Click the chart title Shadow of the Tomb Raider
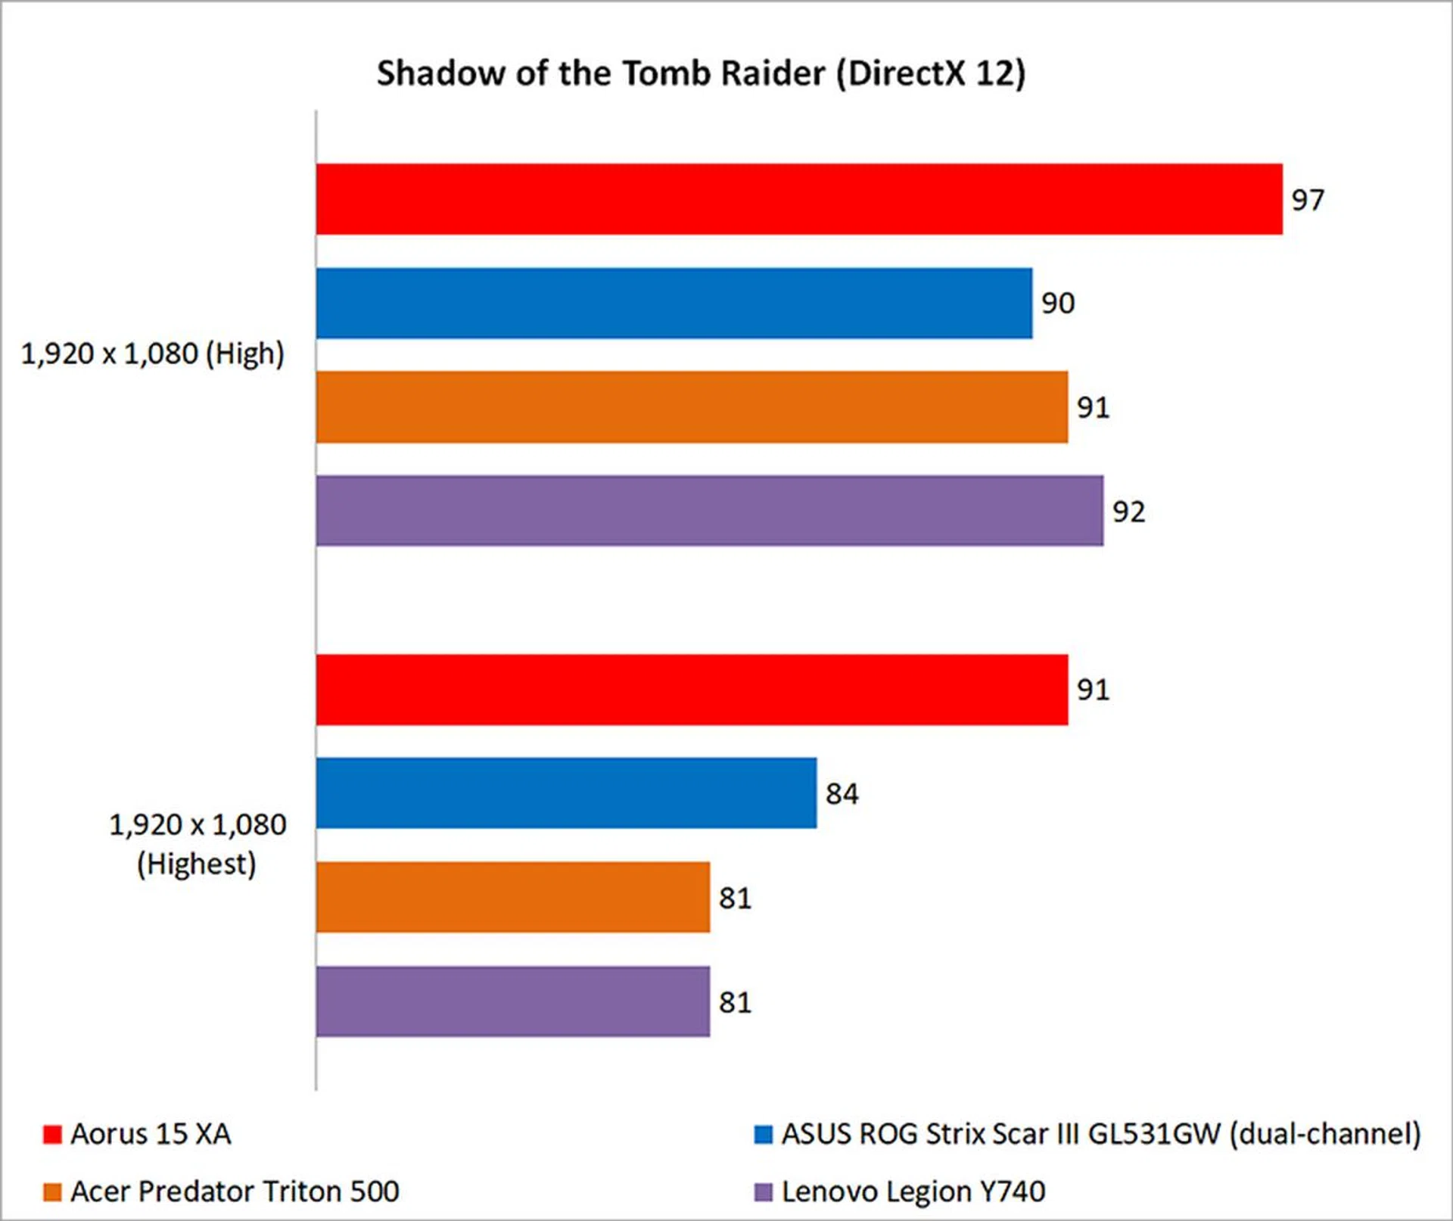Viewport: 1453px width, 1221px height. [701, 74]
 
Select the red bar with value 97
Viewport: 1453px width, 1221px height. [798, 199]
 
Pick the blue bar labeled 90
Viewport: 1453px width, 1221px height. [674, 303]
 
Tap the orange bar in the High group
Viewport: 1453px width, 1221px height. [692, 407]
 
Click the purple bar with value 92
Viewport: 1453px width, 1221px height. [709, 511]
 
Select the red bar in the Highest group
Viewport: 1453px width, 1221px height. [692, 690]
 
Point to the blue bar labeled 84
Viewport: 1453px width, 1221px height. [566, 793]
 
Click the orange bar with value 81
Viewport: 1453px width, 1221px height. [512, 898]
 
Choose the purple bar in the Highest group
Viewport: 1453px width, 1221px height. [512, 1001]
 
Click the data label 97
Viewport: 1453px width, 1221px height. [1308, 200]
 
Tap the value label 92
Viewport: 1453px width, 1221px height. [1128, 512]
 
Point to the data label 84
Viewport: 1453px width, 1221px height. [842, 794]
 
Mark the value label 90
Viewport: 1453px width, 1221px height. [1057, 304]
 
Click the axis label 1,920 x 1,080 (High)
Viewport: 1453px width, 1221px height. [152, 354]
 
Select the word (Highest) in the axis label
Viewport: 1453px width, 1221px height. [196, 864]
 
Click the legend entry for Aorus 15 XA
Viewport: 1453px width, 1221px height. [151, 1134]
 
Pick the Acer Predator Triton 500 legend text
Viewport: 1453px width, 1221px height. [235, 1191]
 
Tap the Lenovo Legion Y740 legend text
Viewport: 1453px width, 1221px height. [913, 1191]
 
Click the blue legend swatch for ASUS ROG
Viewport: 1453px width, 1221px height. [764, 1135]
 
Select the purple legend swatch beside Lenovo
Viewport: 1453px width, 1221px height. [764, 1192]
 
